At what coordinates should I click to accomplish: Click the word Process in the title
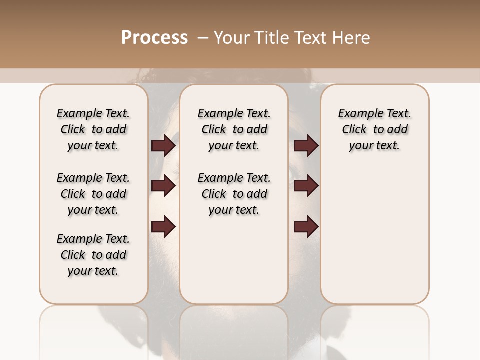(x=154, y=38)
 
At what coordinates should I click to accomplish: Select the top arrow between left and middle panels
(x=163, y=146)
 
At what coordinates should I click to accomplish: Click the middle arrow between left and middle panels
(x=163, y=186)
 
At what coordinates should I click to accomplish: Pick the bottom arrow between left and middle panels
(x=163, y=227)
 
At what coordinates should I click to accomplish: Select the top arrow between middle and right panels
(x=306, y=146)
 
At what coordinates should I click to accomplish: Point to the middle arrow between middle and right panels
(x=306, y=186)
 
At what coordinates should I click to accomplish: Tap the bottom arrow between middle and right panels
(x=306, y=227)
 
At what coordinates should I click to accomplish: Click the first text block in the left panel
(x=93, y=129)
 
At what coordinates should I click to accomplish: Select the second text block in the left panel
(x=93, y=194)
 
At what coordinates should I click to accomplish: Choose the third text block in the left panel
(x=93, y=255)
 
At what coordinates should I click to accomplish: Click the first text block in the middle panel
(x=234, y=129)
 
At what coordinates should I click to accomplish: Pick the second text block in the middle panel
(x=234, y=194)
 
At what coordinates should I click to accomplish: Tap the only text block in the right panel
(x=375, y=129)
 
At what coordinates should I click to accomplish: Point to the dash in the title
(x=202, y=38)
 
